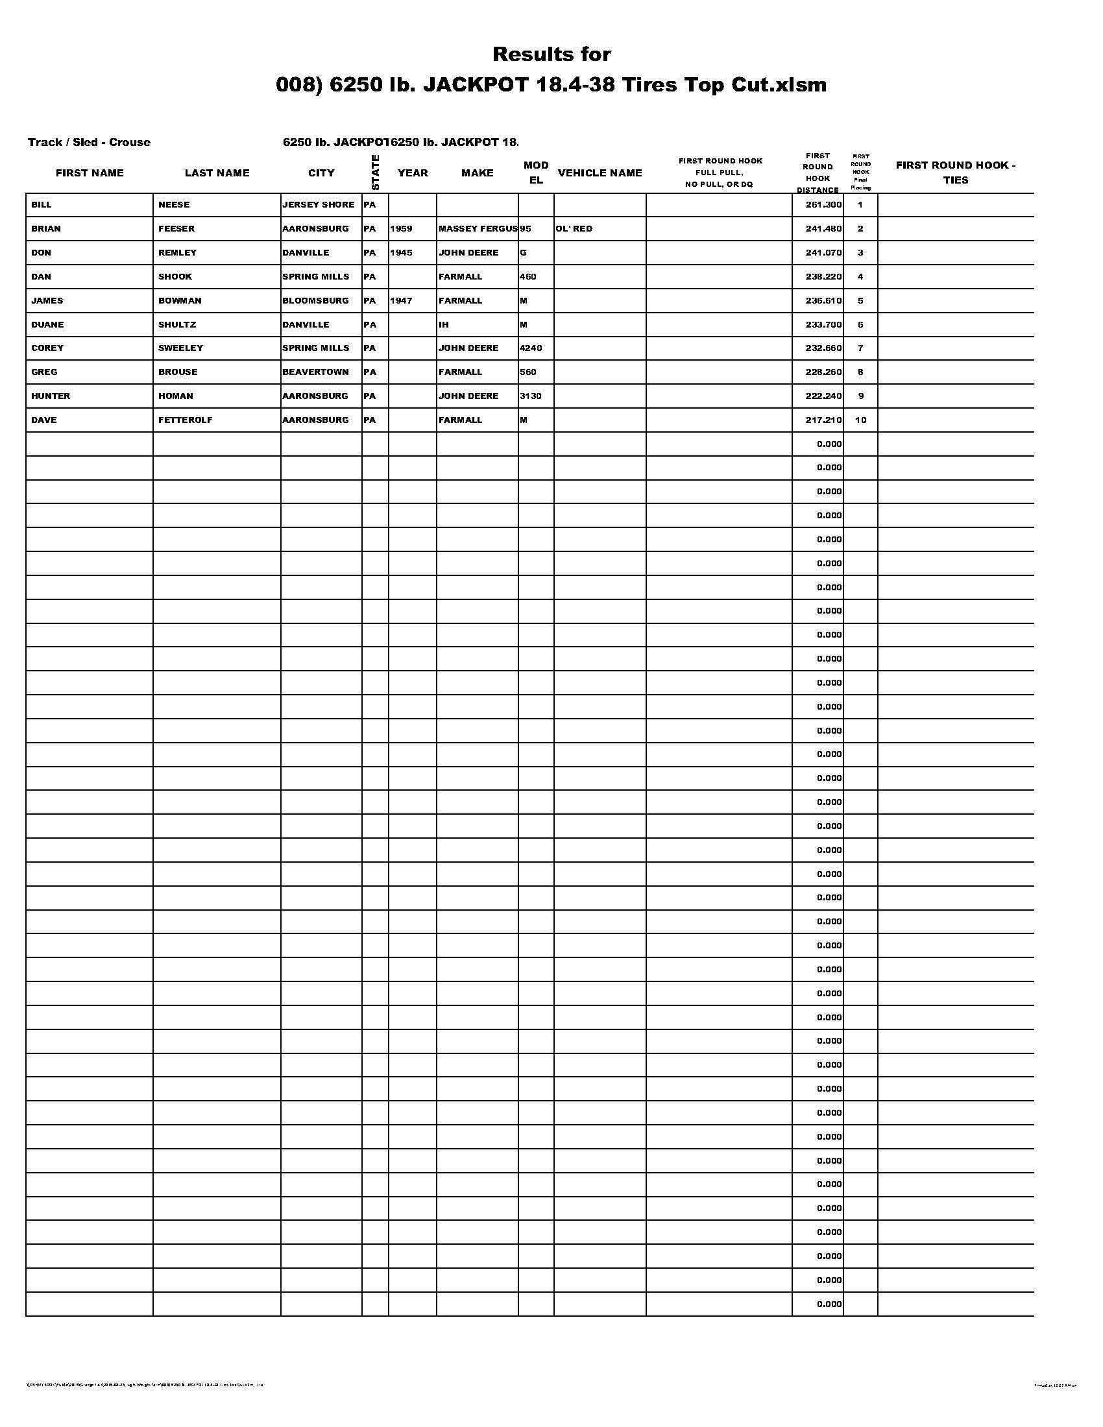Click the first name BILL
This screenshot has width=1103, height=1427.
click(41, 205)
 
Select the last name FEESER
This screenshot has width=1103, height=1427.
click(176, 230)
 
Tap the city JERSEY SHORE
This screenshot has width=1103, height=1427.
click(318, 205)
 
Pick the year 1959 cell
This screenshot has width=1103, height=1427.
click(401, 230)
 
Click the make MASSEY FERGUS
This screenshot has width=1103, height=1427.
click(478, 230)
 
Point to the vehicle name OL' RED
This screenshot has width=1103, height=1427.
click(574, 230)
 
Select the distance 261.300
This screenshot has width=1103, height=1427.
click(823, 205)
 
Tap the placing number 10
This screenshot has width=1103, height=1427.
click(860, 420)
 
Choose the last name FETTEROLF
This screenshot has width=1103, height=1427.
click(185, 420)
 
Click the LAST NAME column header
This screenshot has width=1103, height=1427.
click(217, 173)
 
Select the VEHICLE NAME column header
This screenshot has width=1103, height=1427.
click(600, 173)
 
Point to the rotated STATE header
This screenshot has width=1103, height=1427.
click(375, 173)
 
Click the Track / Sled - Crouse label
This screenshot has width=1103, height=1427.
click(89, 143)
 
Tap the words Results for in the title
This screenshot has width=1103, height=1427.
click(551, 54)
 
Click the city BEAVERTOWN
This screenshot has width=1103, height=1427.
click(315, 372)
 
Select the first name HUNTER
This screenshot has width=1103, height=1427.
click(51, 396)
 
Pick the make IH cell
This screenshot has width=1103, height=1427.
click(444, 325)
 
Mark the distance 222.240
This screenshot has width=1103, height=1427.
click(823, 396)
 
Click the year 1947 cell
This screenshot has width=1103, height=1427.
click(401, 301)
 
